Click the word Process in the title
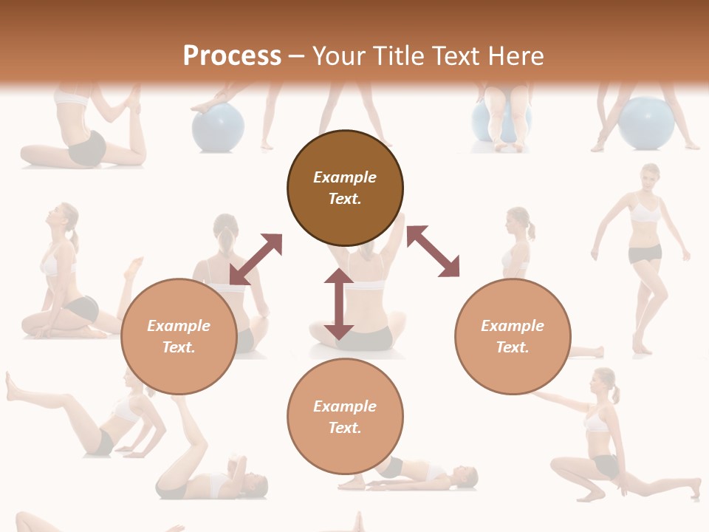(x=232, y=56)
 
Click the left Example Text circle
(x=179, y=336)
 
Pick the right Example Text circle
(x=513, y=336)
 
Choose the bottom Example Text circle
(x=345, y=416)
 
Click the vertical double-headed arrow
(x=339, y=304)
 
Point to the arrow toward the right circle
(x=434, y=251)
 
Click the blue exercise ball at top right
(x=647, y=121)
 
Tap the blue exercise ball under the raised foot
(x=218, y=127)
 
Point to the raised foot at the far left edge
(x=10, y=384)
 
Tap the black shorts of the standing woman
(x=645, y=254)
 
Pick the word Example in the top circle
(x=345, y=177)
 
